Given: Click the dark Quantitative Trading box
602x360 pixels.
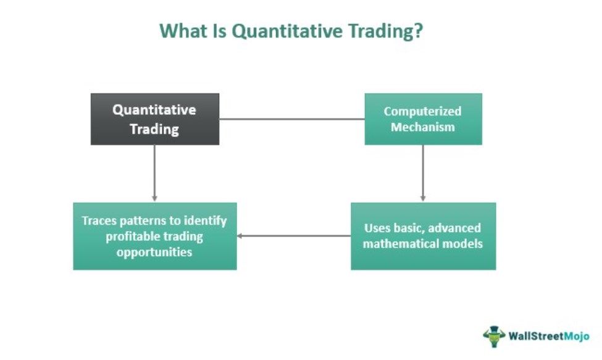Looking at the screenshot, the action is click(x=155, y=119).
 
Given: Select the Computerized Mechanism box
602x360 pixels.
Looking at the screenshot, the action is click(x=423, y=119).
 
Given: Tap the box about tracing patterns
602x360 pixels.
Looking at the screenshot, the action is click(x=155, y=236).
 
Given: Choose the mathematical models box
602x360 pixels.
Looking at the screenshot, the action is click(x=423, y=236).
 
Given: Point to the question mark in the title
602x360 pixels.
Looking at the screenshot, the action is click(x=418, y=30).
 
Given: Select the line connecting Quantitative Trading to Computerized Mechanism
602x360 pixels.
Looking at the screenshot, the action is click(x=292, y=119).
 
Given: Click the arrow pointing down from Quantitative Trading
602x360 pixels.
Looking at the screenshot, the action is click(x=154, y=173).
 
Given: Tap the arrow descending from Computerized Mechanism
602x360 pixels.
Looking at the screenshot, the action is click(x=423, y=173).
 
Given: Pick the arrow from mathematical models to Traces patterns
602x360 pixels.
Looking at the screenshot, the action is click(x=294, y=236).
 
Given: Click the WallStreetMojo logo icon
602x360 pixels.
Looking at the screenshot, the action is click(x=494, y=336).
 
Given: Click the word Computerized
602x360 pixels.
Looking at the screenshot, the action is click(x=422, y=111).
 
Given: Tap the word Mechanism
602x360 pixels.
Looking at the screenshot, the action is click(x=423, y=127).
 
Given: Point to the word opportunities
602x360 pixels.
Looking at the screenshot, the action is click(x=154, y=252).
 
